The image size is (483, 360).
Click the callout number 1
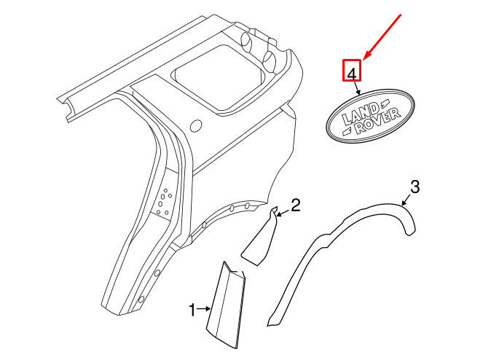pyautogui.click(x=192, y=310)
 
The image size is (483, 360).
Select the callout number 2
pyautogui.click(x=295, y=205)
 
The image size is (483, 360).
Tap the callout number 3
pyautogui.click(x=415, y=187)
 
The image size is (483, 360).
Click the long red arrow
pyautogui.click(x=382, y=36)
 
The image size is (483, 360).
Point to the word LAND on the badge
pyautogui.click(x=360, y=114)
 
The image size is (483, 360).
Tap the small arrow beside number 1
pyautogui.click(x=203, y=308)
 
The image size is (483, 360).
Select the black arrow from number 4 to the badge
pyautogui.click(x=356, y=87)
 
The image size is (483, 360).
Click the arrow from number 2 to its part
pyautogui.click(x=283, y=213)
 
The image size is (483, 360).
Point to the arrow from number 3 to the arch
pyautogui.click(x=407, y=200)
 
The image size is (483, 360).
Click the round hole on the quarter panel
pyautogui.click(x=196, y=125)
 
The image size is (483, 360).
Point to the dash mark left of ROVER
pyautogui.click(x=348, y=131)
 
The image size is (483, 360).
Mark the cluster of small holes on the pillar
pyautogui.click(x=163, y=202)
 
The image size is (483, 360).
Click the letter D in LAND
pyautogui.click(x=373, y=109)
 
